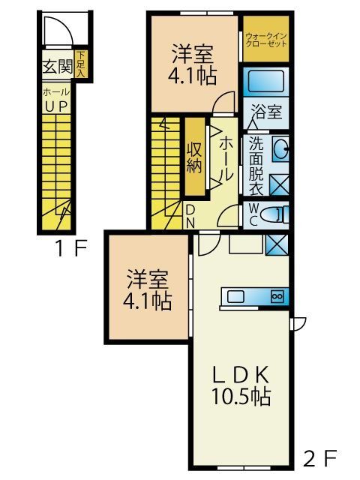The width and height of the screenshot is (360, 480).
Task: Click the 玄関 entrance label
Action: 57,67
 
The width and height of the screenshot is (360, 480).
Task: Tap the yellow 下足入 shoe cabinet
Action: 80,66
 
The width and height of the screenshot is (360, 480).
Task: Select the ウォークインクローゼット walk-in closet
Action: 266,38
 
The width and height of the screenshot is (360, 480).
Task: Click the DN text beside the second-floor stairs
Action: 190,216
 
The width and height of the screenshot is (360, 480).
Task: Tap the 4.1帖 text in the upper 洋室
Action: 192,78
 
